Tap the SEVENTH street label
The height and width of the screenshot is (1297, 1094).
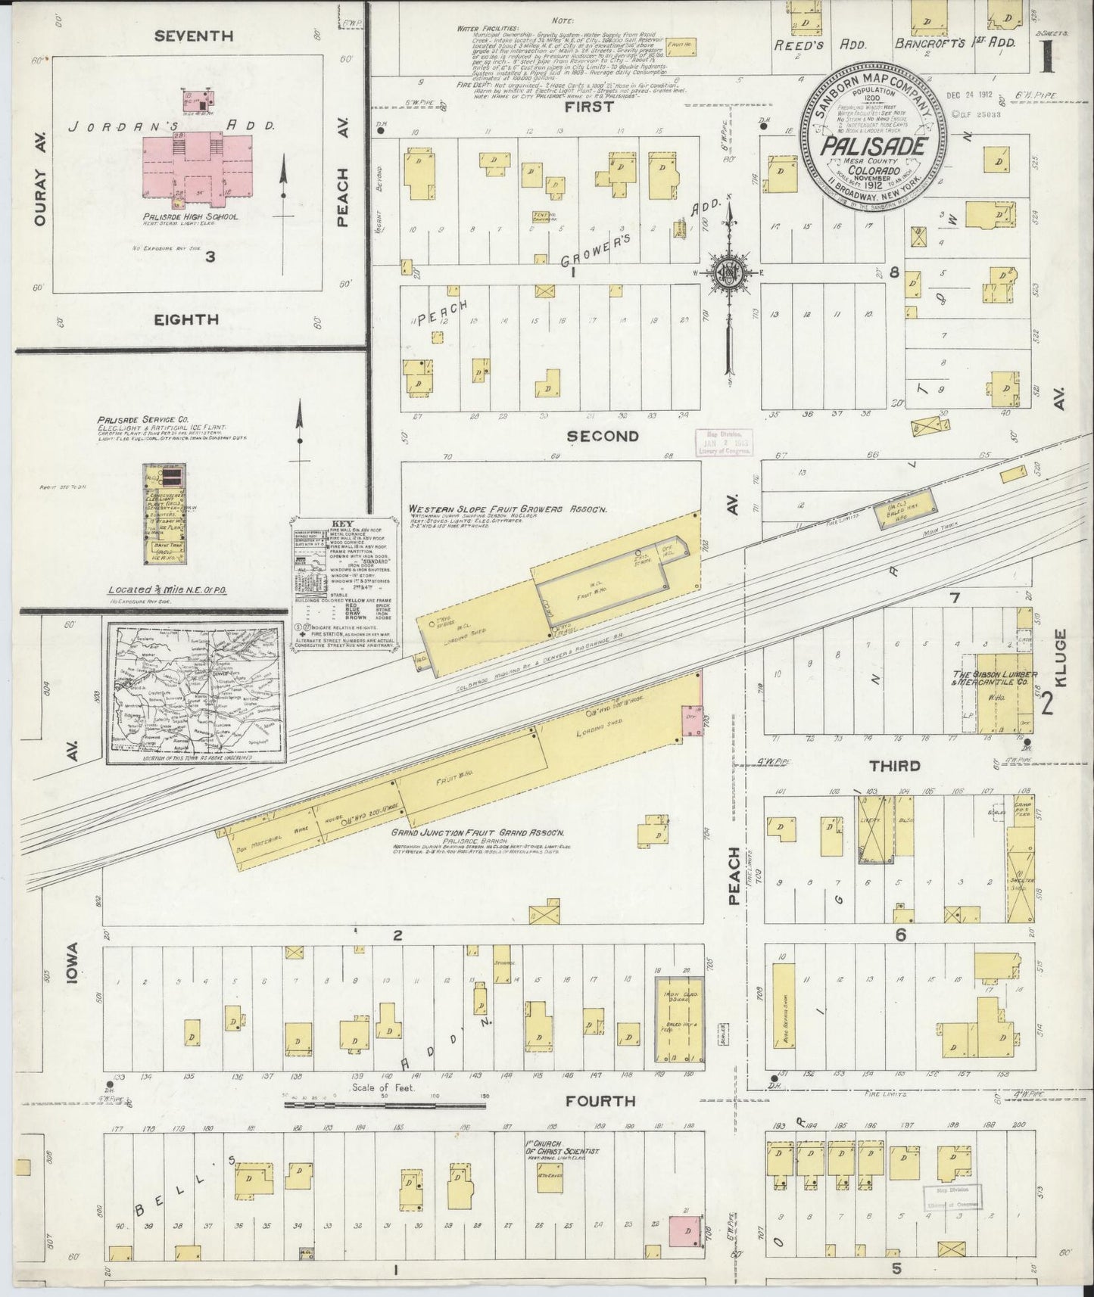[x=193, y=36]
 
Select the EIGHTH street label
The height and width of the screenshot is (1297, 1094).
[x=186, y=319]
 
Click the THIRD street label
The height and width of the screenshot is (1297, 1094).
[x=894, y=766]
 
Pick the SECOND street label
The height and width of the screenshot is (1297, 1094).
[x=603, y=436]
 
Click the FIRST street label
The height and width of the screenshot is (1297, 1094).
[x=590, y=107]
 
